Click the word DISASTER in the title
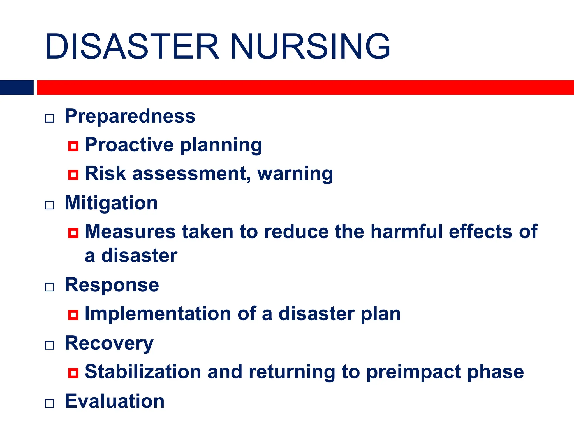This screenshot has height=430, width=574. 132,47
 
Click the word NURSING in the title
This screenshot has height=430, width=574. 310,47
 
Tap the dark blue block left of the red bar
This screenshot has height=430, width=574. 17,87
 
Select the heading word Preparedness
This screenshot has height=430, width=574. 130,116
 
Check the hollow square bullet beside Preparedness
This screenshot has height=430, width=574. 50,118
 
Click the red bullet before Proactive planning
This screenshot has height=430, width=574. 73,146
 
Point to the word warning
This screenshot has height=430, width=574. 295,174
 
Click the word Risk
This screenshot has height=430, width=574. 105,173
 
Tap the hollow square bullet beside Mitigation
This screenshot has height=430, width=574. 50,205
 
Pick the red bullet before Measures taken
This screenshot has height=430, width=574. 73,233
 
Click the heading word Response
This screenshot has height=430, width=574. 112,285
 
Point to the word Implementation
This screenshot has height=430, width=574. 158,314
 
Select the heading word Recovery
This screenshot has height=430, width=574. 109,343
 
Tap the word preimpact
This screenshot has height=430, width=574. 414,373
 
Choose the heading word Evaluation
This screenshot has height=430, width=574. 114,401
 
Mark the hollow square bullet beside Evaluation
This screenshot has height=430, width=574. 50,403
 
